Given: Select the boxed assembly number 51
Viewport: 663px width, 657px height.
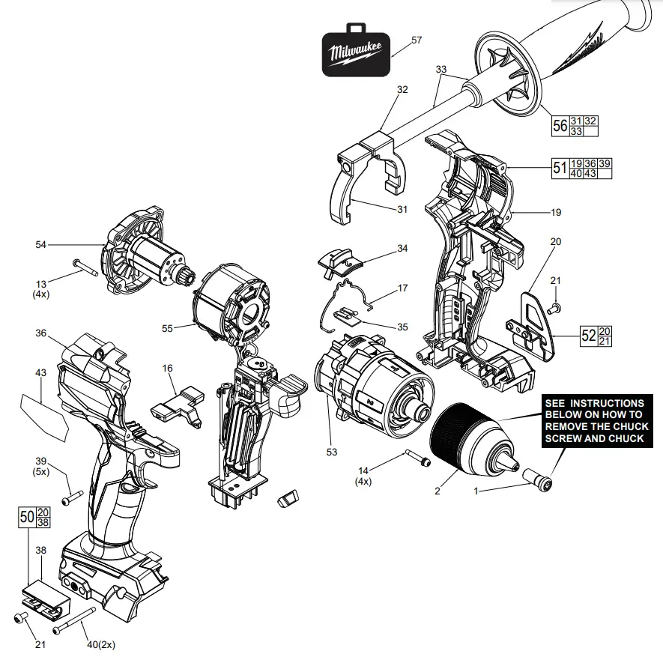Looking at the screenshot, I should (559, 169).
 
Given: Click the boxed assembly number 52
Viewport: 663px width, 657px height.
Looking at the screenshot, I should (589, 336).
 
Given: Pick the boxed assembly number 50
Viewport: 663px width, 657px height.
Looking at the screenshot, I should (26, 516).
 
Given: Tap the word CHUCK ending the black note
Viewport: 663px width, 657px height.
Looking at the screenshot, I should (626, 438).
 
